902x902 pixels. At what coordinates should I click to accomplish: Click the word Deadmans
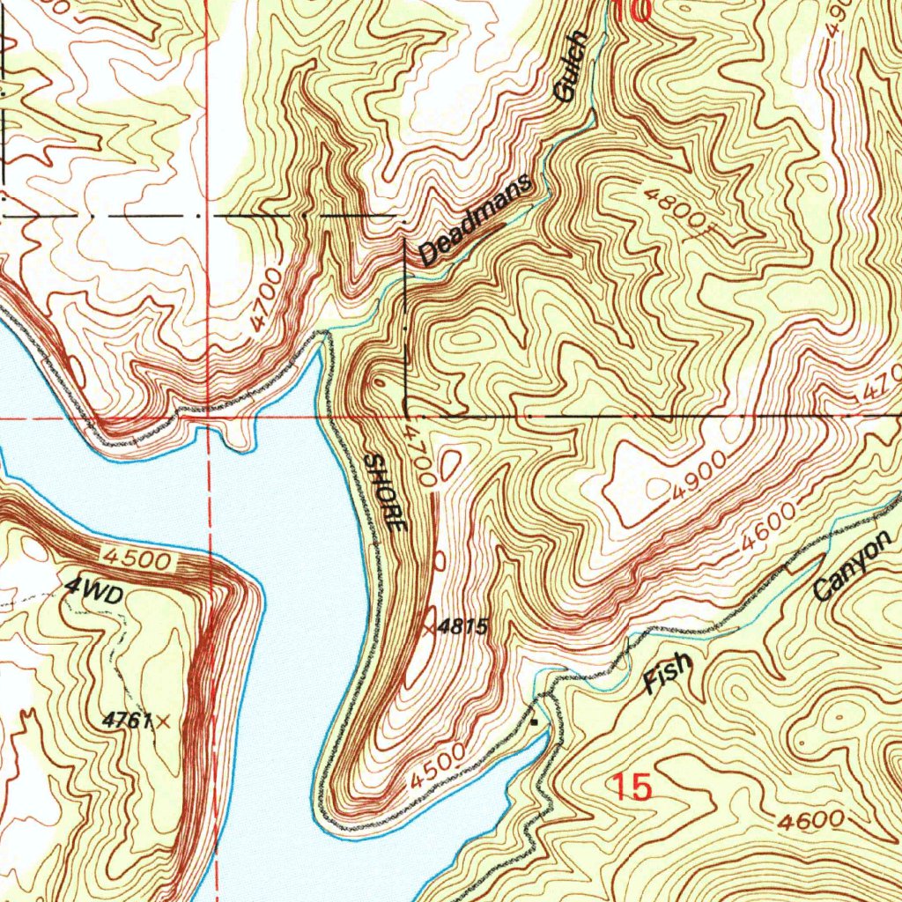point(476,220)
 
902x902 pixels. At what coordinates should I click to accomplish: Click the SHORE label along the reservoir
point(386,492)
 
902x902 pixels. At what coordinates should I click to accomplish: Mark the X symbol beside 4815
point(429,628)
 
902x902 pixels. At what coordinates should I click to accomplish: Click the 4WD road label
point(92,594)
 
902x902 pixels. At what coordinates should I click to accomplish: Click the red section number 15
point(632,787)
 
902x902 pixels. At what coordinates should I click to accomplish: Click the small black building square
point(534,721)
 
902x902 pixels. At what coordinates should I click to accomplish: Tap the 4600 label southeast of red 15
point(809,820)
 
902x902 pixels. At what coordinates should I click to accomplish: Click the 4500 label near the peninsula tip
point(437,766)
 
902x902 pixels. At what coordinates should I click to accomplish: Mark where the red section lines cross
point(207,418)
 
